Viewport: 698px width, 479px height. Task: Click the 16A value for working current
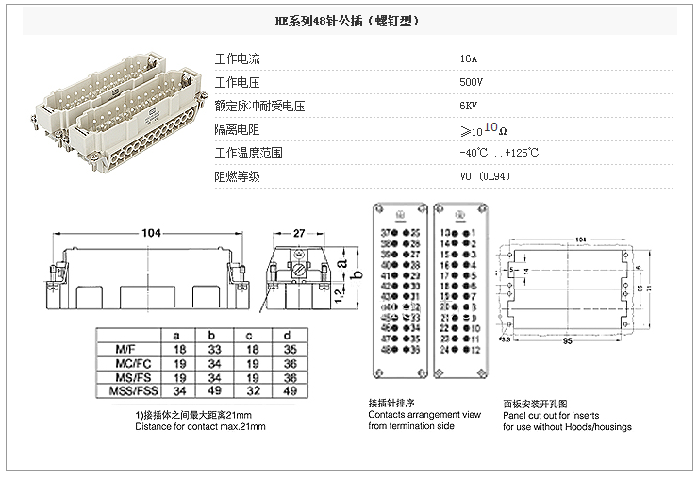tap(468, 58)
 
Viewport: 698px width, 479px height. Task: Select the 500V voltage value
tap(471, 82)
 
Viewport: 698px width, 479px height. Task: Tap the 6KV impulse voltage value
tap(468, 106)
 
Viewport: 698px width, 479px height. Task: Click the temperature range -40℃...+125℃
tap(499, 153)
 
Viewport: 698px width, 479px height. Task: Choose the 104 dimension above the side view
tap(151, 232)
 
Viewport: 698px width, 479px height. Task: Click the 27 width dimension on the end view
tap(297, 232)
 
